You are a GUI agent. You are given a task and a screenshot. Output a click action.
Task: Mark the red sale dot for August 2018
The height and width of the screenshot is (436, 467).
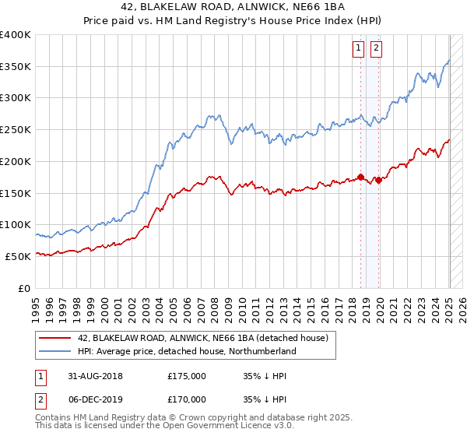360,177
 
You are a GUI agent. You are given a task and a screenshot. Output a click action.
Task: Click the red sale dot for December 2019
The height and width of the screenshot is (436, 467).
378,180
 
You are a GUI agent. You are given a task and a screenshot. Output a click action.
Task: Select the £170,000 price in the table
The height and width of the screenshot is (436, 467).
187,400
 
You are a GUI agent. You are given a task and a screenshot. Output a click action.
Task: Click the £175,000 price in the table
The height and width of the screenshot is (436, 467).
187,375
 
